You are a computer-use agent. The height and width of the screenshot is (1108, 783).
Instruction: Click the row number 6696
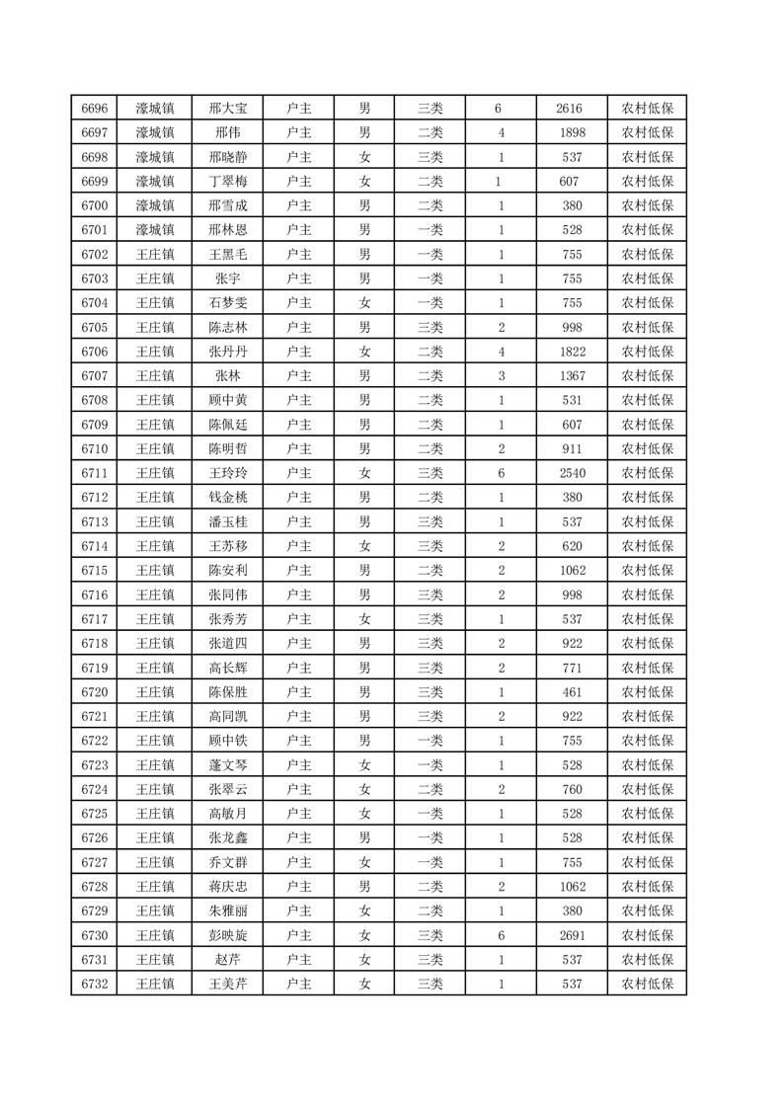(95, 109)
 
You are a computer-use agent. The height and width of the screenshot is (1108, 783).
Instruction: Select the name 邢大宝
(227, 109)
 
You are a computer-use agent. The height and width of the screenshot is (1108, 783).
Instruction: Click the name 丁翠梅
(227, 182)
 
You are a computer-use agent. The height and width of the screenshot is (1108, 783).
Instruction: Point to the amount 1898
(572, 133)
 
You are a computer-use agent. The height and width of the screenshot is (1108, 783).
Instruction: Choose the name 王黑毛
(227, 255)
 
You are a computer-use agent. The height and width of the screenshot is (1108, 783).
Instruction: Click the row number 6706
(95, 352)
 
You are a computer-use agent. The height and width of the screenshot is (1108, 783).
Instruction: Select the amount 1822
(572, 352)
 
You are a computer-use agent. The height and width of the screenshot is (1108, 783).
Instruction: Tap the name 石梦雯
(227, 303)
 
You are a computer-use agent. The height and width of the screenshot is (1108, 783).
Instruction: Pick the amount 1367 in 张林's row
(572, 375)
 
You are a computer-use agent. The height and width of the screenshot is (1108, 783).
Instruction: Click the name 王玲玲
(227, 472)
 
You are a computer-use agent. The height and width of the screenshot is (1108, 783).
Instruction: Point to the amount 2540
(572, 472)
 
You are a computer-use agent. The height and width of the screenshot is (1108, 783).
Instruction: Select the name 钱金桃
(227, 497)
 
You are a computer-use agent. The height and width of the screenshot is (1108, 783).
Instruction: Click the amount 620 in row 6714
(572, 545)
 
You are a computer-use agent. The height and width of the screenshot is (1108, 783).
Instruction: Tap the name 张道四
(227, 642)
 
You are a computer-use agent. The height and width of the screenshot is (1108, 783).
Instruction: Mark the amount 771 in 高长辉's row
(572, 667)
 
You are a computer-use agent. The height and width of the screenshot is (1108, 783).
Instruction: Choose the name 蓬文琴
(227, 763)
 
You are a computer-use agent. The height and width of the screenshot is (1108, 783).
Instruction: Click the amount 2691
(572, 933)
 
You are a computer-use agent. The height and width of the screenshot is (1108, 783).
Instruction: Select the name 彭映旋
(227, 933)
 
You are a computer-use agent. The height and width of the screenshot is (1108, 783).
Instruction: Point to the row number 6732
(95, 982)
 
